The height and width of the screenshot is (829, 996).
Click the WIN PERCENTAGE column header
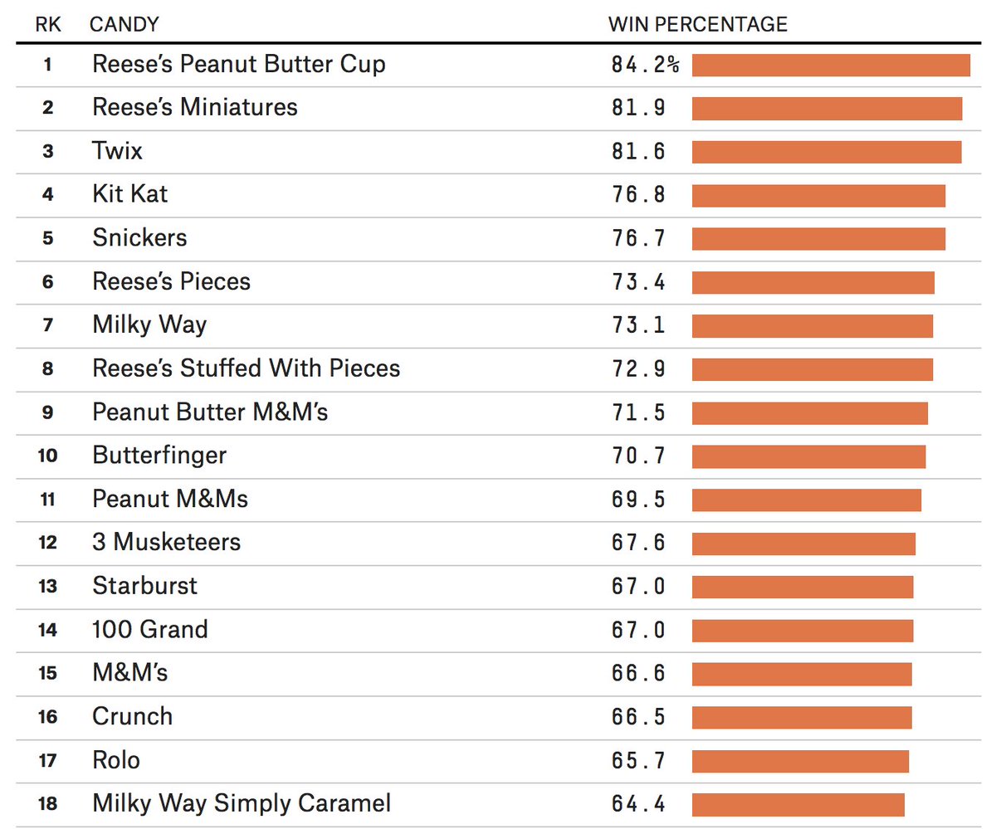(697, 24)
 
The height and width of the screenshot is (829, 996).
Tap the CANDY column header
(124, 24)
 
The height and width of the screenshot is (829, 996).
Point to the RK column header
(48, 24)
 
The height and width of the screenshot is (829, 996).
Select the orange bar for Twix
(827, 152)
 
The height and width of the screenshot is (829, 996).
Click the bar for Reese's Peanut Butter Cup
(831, 65)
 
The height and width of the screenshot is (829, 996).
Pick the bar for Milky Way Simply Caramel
(798, 804)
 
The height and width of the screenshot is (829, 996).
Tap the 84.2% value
(645, 65)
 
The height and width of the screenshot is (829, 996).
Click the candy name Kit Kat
(129, 194)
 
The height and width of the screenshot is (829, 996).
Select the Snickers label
(139, 238)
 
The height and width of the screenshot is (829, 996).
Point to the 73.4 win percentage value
(638, 282)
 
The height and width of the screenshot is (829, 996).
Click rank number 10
(48, 456)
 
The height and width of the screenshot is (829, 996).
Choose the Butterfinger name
(159, 456)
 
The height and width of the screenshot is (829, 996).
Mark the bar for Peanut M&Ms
(806, 500)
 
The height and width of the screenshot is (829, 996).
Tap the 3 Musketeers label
(166, 543)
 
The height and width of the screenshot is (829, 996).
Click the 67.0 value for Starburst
(638, 587)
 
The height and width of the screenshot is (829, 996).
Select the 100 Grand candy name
(150, 630)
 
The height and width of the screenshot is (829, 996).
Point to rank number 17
(48, 761)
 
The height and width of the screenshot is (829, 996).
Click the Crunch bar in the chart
(802, 717)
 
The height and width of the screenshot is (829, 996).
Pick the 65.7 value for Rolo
(638, 761)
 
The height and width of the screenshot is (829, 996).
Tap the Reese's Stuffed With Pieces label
(246, 368)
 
